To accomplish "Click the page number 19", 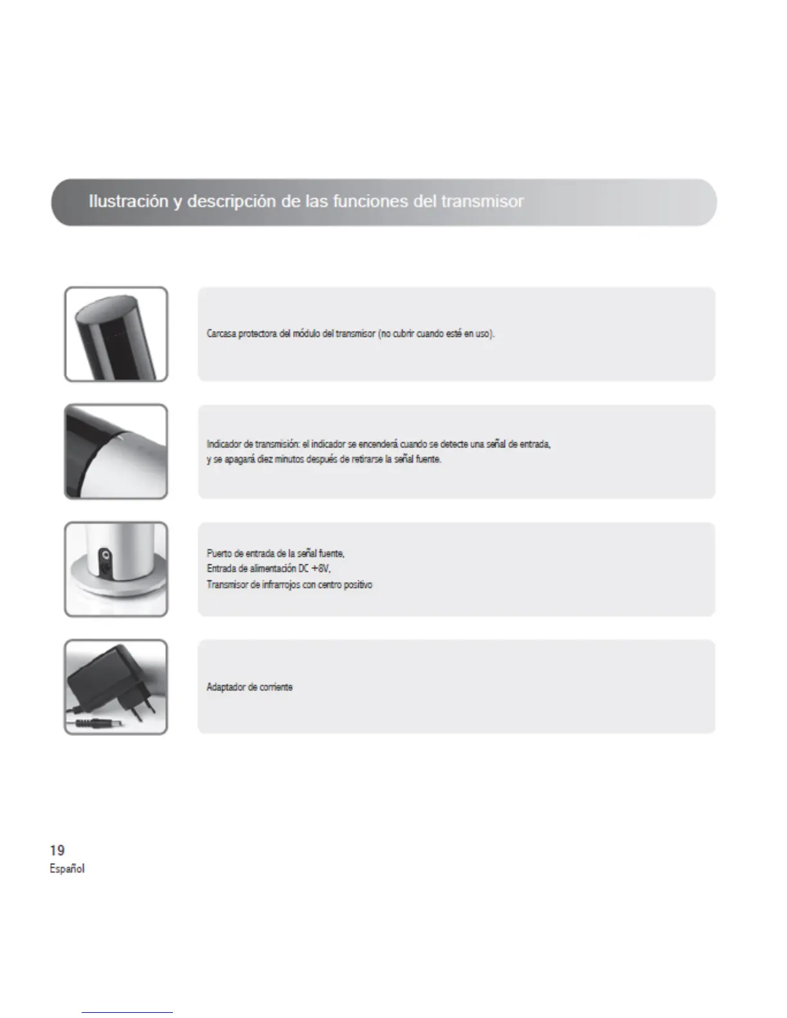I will [x=57, y=850].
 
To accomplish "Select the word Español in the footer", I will [x=67, y=869].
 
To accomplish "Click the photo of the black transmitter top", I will [x=116, y=334].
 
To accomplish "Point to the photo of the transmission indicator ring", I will [x=116, y=451].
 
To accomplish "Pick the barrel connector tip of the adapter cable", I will [x=103, y=724].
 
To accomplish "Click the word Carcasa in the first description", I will [x=221, y=334].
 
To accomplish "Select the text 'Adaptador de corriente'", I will [x=249, y=687].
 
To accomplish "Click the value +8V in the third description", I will [x=321, y=569].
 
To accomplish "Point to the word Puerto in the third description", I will [x=219, y=553].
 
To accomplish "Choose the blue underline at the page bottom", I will [x=127, y=1012].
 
